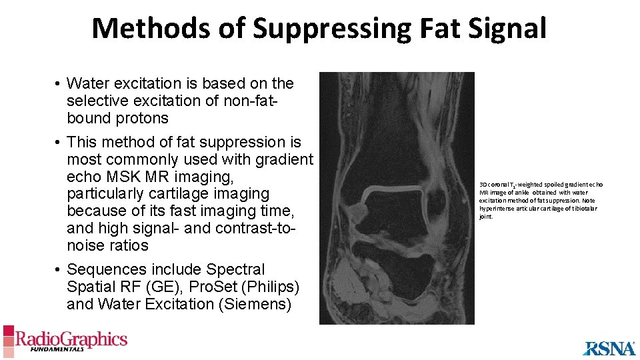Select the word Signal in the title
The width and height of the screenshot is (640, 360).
coord(508,29)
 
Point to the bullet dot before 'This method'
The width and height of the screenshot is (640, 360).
coord(59,142)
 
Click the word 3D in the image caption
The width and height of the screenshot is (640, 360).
coord(483,183)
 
